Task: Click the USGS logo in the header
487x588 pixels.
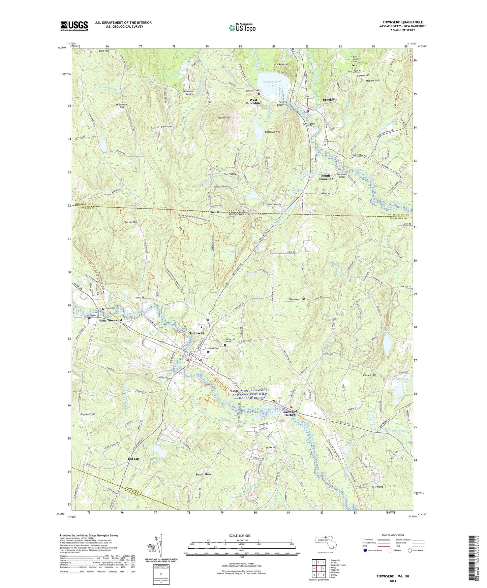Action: (74, 26)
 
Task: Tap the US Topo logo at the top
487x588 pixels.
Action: (242, 28)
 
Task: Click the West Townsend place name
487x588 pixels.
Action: (110, 320)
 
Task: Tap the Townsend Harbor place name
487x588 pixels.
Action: (290, 413)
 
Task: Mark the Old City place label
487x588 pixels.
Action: (133, 459)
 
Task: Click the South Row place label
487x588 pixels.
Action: (204, 474)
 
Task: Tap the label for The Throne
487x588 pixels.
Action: (376, 487)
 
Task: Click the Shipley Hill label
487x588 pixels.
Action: (369, 375)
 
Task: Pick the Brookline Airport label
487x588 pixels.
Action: (189, 93)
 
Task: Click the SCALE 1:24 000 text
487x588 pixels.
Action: (239, 535)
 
